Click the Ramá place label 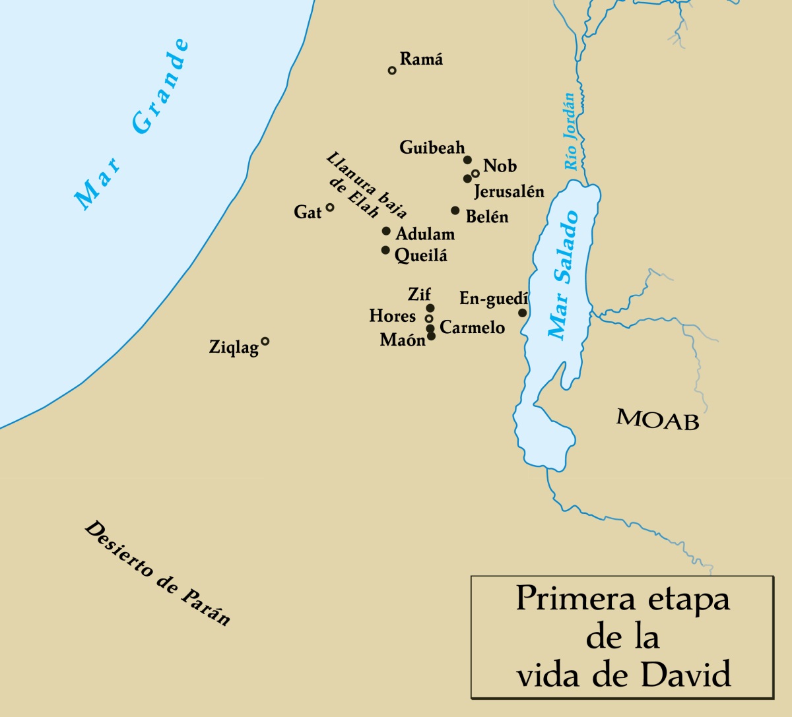[421, 59]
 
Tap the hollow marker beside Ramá [392, 71]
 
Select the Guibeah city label [432, 148]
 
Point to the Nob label [500, 166]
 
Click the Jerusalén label [509, 192]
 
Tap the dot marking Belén [455, 210]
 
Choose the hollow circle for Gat [330, 207]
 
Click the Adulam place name [425, 234]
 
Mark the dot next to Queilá [385, 250]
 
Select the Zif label [420, 294]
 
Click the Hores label [393, 317]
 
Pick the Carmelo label [472, 328]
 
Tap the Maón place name [403, 340]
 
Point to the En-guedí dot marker [523, 313]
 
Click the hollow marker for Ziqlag [265, 341]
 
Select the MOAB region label [657, 419]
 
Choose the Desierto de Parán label [158, 573]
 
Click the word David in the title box [686, 675]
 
